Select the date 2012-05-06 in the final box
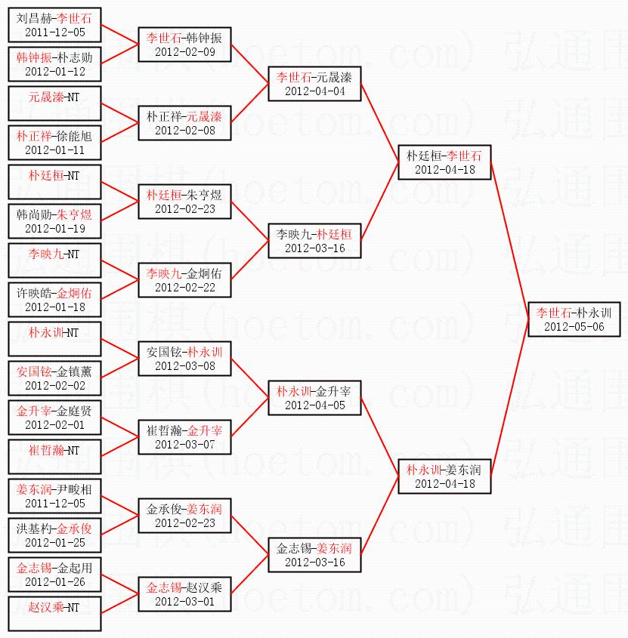(x=574, y=327)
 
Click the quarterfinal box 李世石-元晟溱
(x=314, y=84)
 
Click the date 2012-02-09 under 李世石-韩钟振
(x=184, y=52)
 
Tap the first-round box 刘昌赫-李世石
(x=54, y=25)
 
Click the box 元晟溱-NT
(x=54, y=103)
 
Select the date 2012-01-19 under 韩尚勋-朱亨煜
(x=54, y=229)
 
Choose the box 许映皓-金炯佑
(x=54, y=300)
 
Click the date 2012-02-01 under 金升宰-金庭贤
(x=54, y=425)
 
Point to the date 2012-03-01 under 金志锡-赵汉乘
(x=184, y=602)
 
